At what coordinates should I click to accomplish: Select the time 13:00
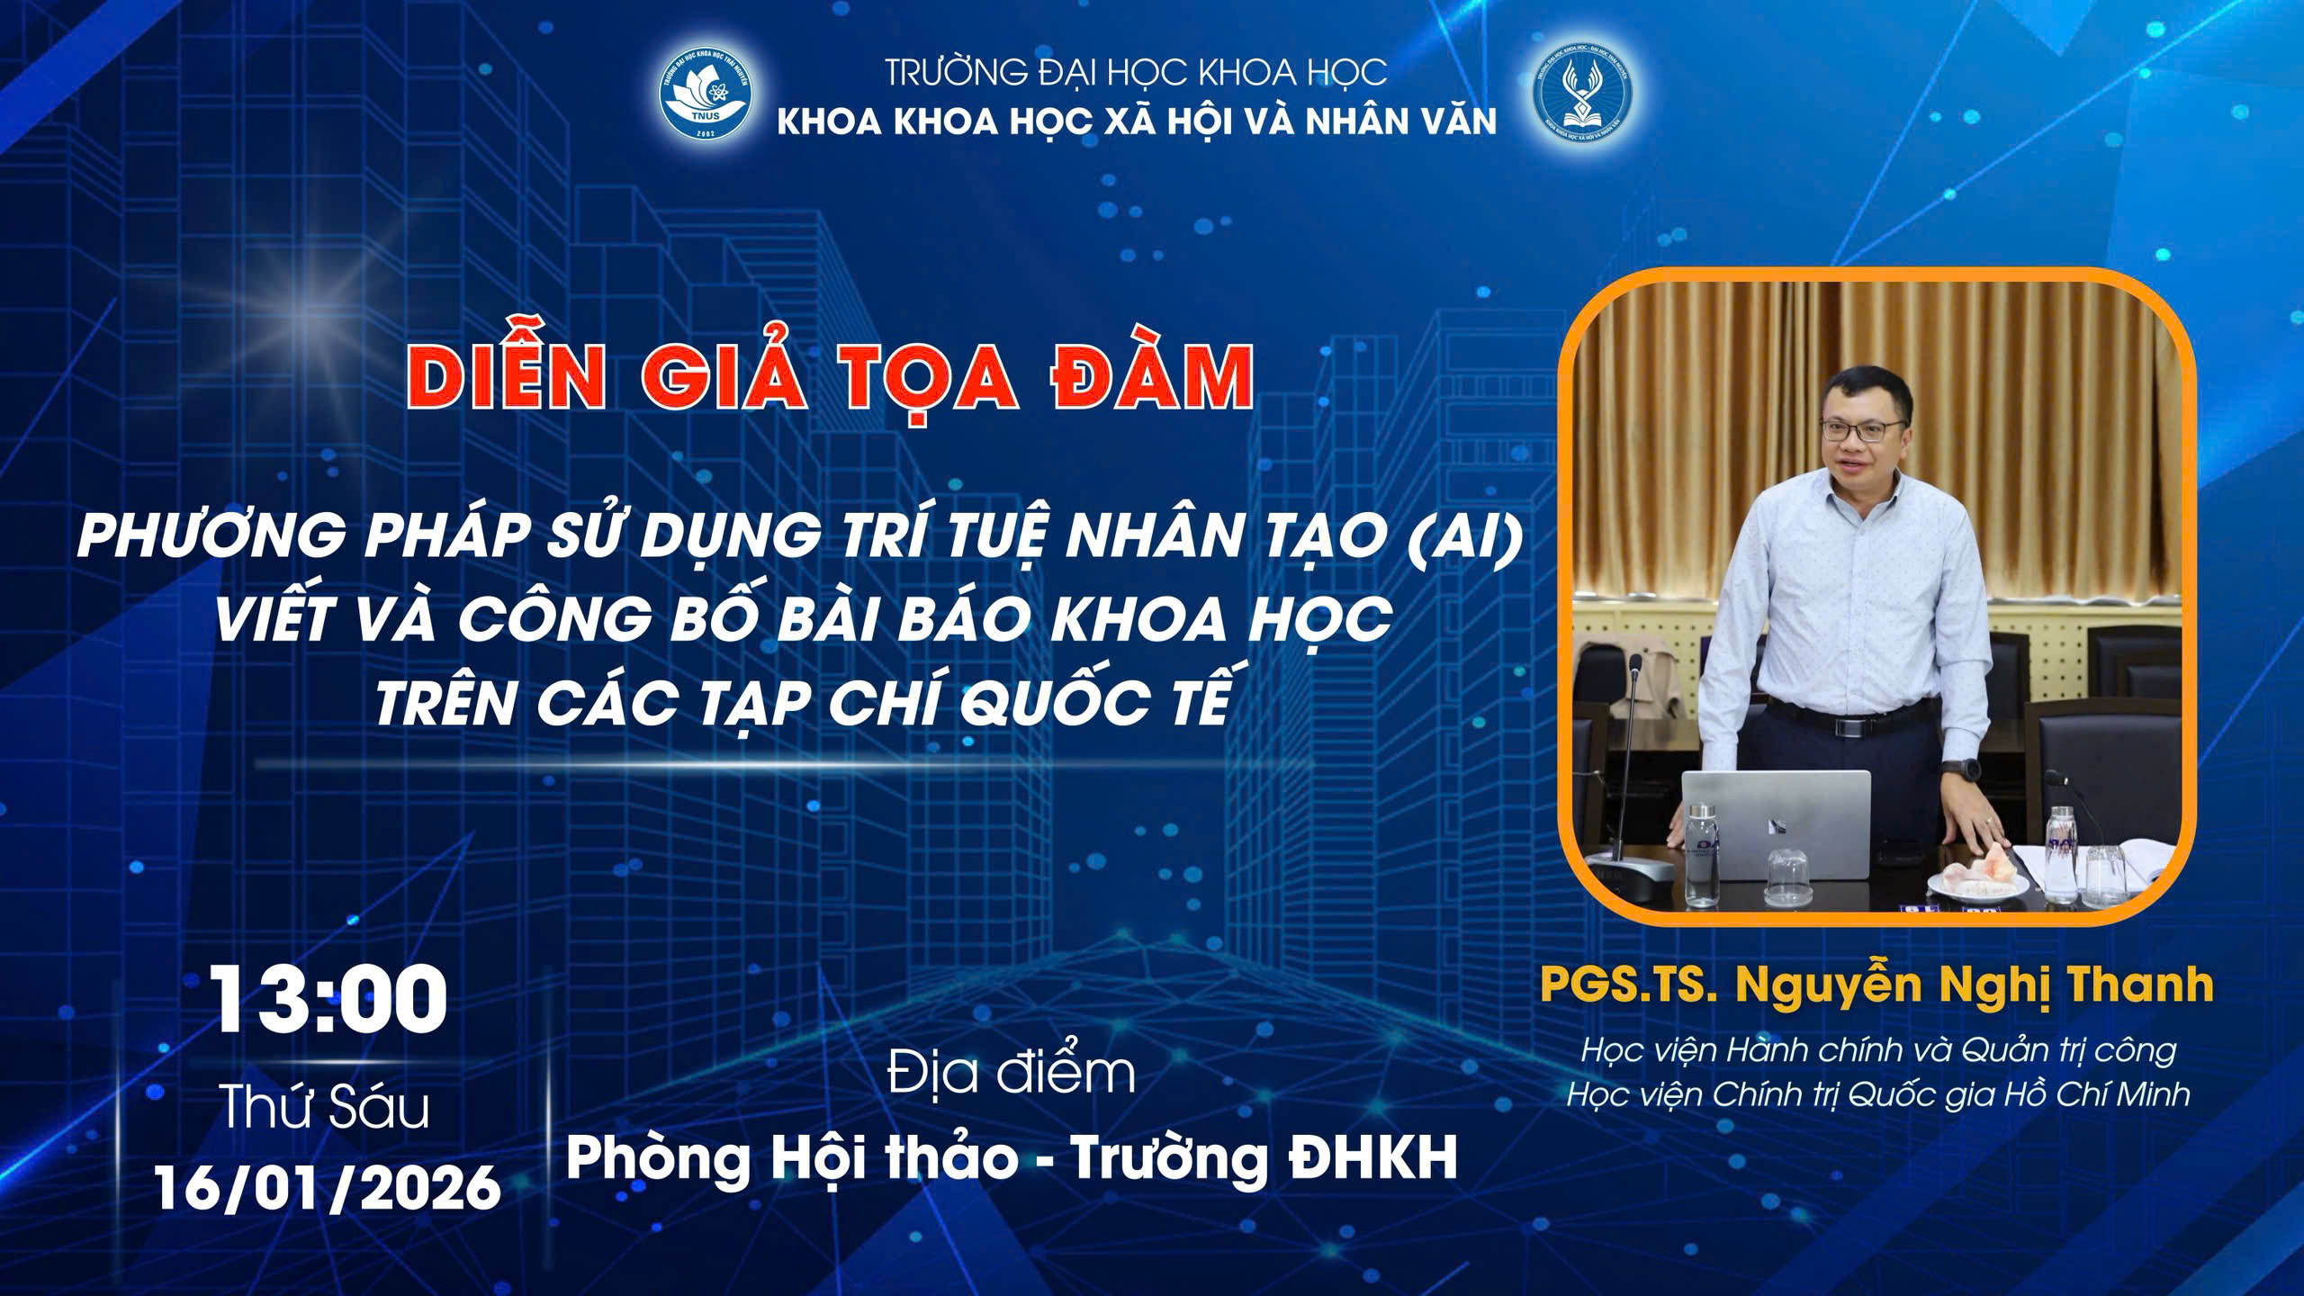click(329, 1002)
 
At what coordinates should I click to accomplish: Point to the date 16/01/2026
click(328, 1187)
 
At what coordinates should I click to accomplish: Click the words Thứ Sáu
click(326, 1107)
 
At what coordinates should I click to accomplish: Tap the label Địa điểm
click(1011, 1073)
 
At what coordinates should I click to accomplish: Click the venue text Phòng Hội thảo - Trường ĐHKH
click(1012, 1158)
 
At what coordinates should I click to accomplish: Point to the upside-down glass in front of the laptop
click(1788, 876)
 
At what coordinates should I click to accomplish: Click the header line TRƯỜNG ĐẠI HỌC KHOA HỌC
click(1136, 72)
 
